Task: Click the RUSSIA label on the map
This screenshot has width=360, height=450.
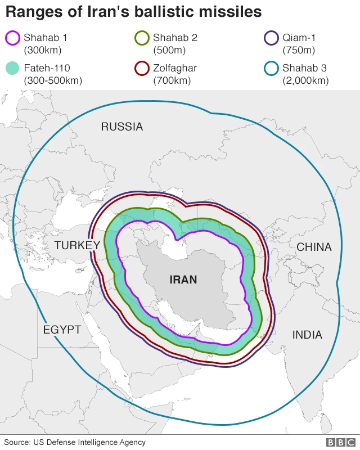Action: pos(122,127)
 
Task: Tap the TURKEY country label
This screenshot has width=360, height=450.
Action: pos(77,245)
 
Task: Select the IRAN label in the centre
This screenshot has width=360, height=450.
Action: pos(183,279)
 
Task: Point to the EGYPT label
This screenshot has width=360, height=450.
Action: pos(62,330)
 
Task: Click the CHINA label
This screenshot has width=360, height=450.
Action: pos(314,247)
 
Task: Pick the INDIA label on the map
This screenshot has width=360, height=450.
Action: pos(307,335)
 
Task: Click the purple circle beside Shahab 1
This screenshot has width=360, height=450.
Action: pos(13,39)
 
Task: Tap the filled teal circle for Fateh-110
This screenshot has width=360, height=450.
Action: pos(13,69)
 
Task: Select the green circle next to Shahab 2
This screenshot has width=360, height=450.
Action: pos(142,39)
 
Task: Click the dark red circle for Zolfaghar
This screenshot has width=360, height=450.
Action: pos(142,69)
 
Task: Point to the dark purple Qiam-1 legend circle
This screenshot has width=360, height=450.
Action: pos(272,39)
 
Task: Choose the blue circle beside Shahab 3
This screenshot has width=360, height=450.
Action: pos(272,69)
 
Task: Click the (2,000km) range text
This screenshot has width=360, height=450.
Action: pos(305,80)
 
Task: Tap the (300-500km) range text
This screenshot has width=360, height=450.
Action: pos(53,80)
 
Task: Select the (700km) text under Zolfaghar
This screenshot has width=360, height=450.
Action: pos(172,80)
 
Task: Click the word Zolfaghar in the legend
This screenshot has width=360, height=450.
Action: pos(175,68)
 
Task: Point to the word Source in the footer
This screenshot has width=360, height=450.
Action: pos(17,442)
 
